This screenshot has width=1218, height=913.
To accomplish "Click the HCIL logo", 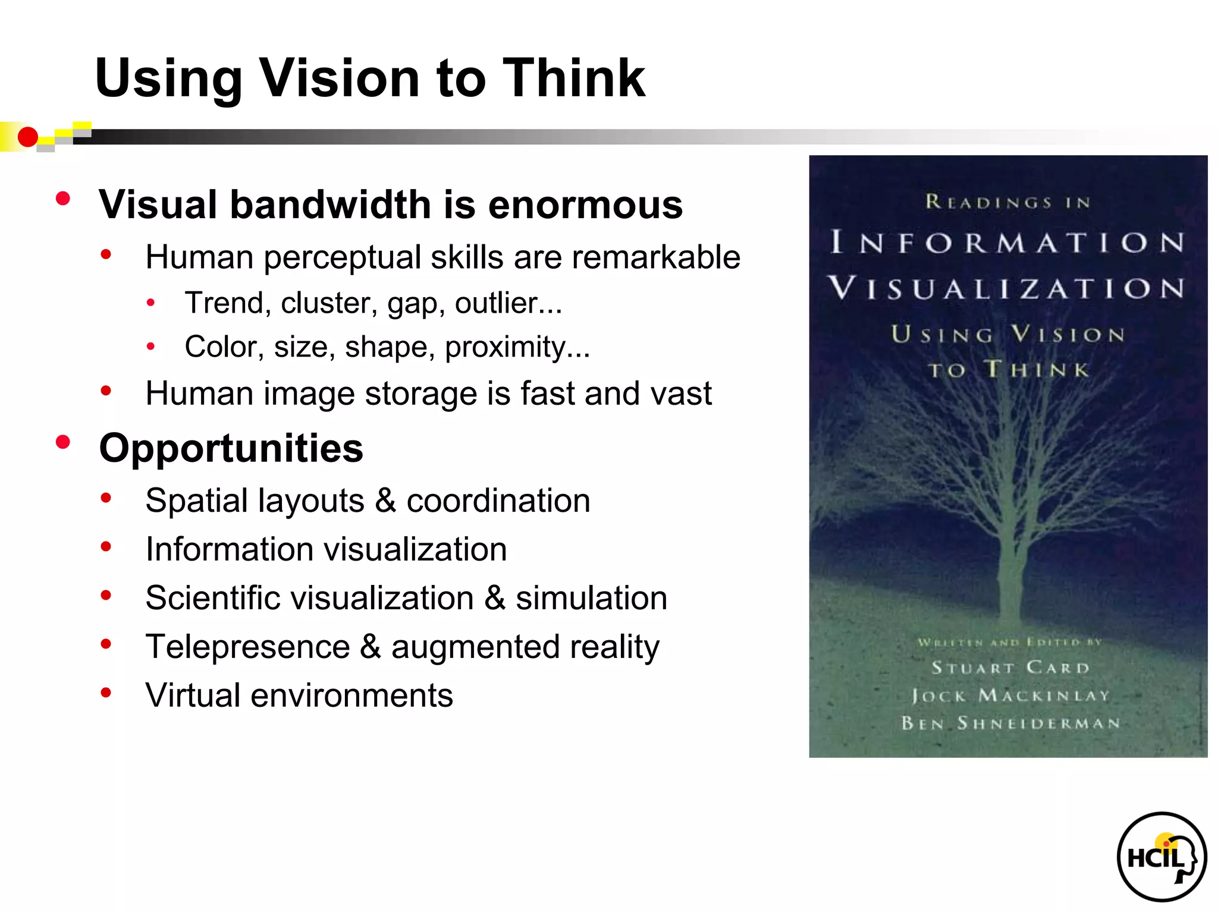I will (1162, 857).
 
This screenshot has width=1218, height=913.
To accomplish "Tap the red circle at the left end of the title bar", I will (27, 137).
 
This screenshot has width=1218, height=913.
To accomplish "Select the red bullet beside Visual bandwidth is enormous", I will (63, 199).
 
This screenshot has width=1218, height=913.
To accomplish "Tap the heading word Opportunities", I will (231, 448).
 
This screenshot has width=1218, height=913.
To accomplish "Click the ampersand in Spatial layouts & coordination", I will (385, 500).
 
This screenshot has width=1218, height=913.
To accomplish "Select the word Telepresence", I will (248, 647).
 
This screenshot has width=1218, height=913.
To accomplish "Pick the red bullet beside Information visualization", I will (106, 547).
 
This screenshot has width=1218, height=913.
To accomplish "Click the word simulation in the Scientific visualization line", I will (591, 598).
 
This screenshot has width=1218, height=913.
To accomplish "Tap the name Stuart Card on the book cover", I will (1010, 668).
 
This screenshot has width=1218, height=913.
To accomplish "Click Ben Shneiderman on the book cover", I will (1010, 723).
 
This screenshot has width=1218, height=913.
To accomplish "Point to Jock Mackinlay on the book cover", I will (1010, 695).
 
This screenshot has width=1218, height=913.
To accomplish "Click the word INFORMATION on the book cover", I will (1007, 243).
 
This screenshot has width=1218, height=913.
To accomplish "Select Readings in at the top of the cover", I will (1007, 202).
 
